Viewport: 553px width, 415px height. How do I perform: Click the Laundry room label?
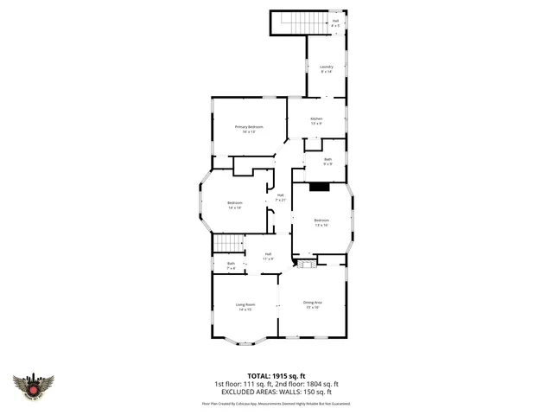coord(327,68)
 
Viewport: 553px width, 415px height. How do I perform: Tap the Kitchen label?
coord(316,120)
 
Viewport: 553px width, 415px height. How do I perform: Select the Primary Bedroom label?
coord(248,129)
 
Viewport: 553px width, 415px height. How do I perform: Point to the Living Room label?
coord(245,306)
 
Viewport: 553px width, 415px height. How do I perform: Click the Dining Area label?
coord(312,304)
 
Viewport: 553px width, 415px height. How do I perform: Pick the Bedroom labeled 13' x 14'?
coord(321,222)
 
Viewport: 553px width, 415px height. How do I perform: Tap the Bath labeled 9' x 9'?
coord(327,161)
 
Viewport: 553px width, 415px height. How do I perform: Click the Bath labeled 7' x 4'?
coord(231,265)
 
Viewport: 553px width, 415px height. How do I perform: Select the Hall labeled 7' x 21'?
coord(280,197)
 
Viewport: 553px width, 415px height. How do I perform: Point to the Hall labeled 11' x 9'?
coord(269,256)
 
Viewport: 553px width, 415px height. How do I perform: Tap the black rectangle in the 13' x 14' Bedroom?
coord(320,185)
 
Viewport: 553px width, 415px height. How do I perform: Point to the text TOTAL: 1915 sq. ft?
coord(276,375)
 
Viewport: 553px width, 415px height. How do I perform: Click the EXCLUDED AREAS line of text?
coord(276,392)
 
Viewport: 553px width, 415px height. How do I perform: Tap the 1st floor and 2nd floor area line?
coord(276,384)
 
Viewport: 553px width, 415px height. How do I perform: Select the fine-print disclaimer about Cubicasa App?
coord(276,403)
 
